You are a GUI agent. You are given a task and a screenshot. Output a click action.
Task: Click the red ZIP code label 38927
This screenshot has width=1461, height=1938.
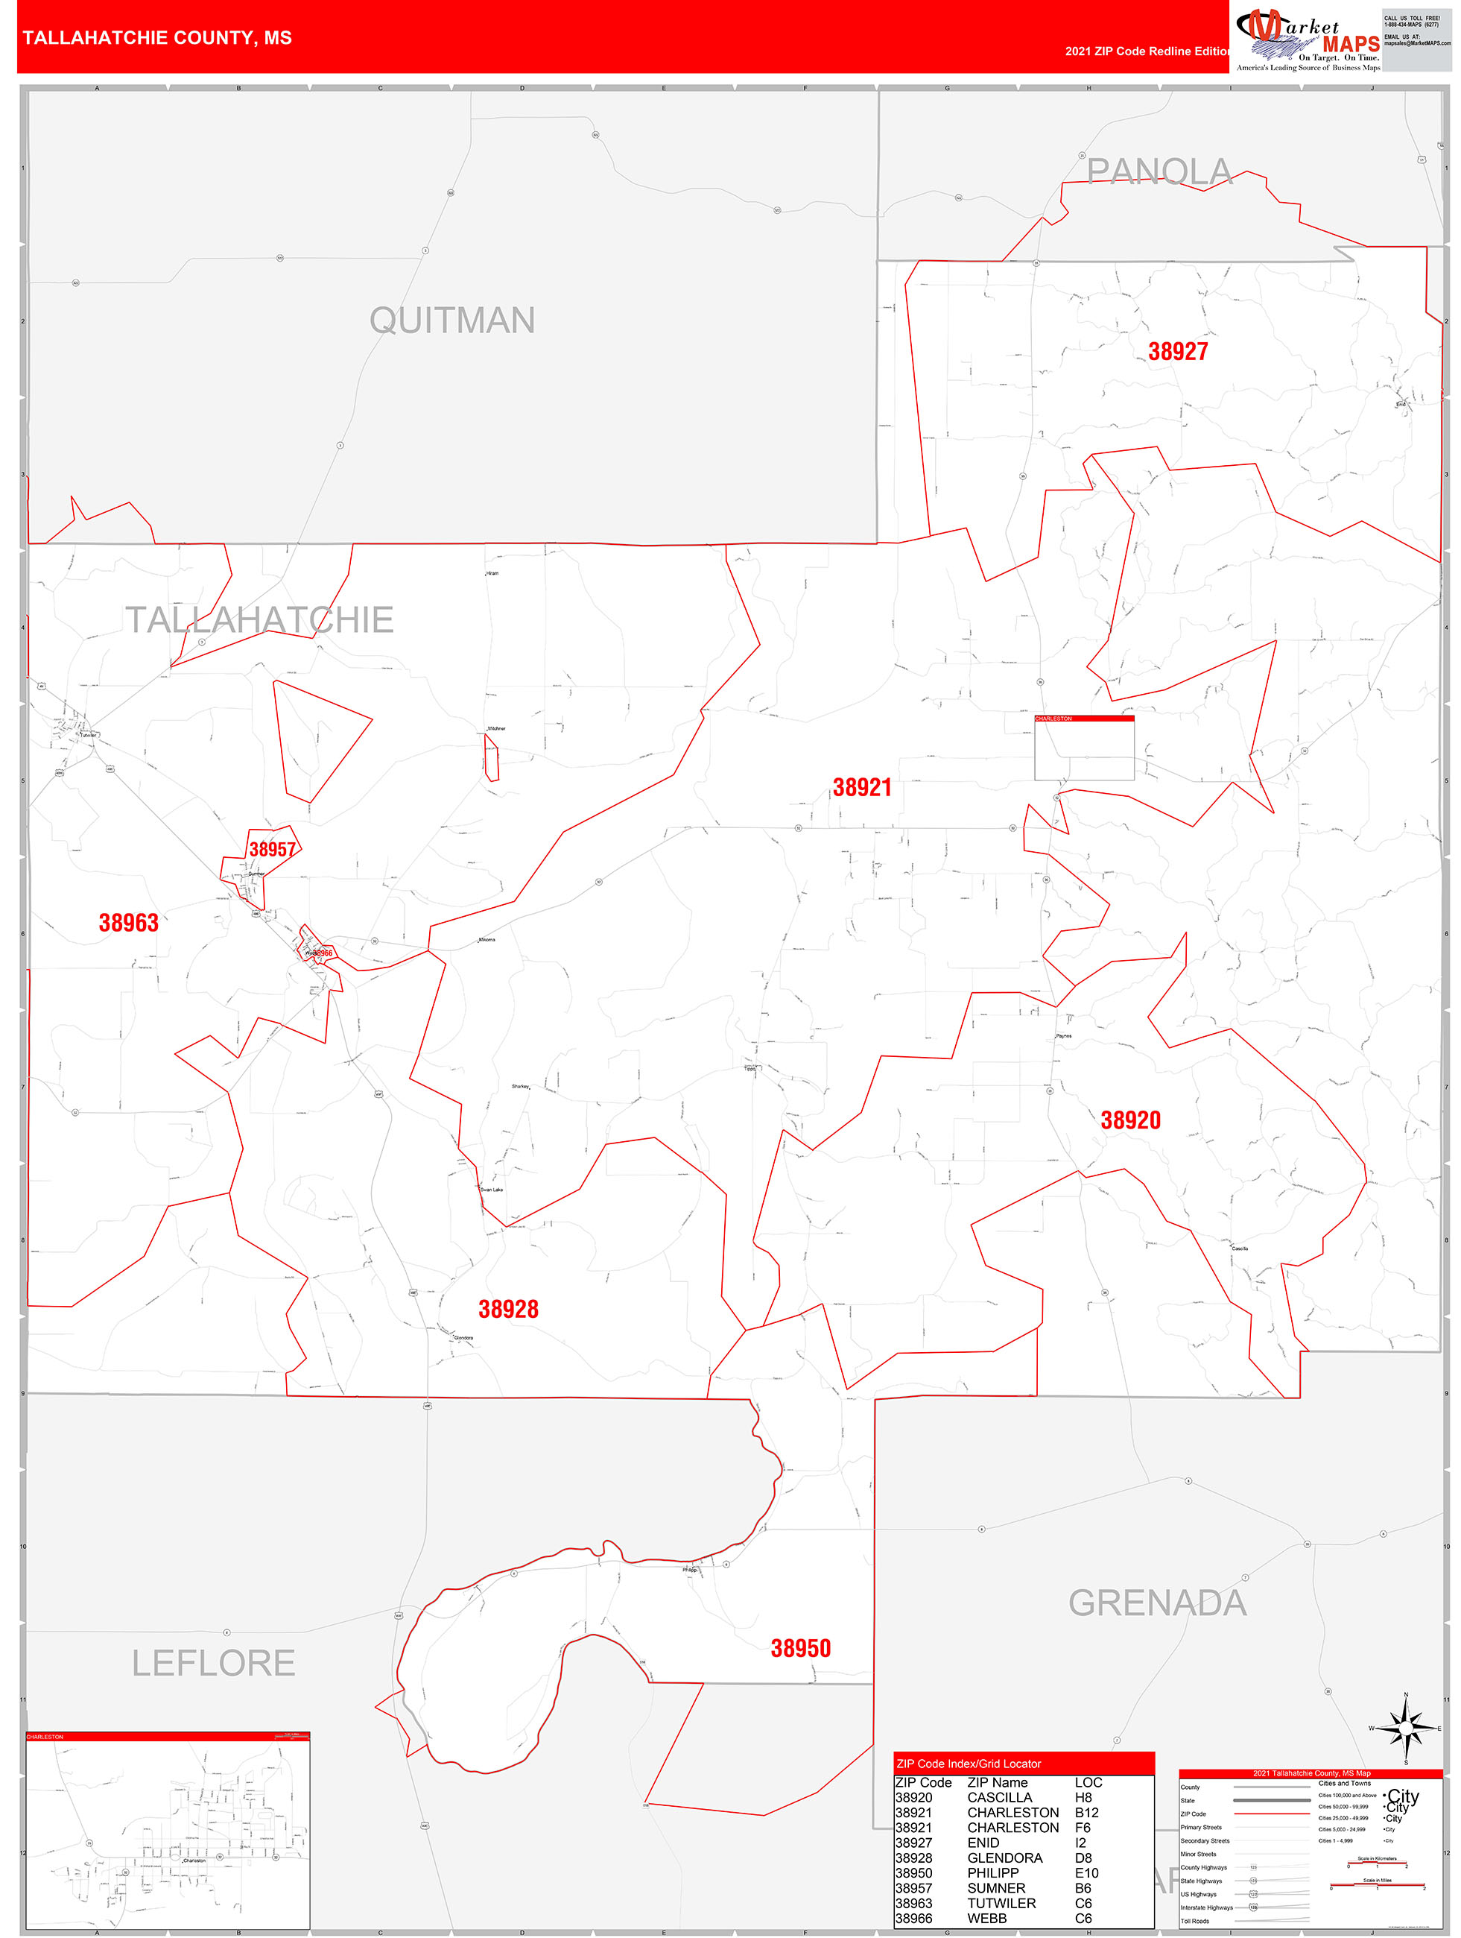point(1177,351)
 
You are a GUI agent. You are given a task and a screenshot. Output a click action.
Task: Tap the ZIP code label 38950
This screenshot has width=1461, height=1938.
point(799,1648)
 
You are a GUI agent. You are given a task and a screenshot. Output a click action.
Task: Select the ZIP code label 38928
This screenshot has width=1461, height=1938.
point(508,1309)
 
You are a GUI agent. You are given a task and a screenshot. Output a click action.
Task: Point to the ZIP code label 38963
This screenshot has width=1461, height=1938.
point(128,923)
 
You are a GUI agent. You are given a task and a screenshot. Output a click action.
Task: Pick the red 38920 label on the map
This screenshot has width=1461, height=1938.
point(1130,1120)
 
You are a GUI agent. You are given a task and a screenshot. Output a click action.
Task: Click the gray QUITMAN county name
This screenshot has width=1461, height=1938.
point(452,320)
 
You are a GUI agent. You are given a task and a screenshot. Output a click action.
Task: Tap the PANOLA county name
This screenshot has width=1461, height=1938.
point(1159,171)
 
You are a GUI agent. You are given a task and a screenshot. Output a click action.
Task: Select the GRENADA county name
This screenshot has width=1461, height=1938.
point(1157,1603)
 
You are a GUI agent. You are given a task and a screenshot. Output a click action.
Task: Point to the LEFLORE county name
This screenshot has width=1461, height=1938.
point(213,1662)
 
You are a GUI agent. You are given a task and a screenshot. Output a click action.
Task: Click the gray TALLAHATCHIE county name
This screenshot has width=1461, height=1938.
point(259,619)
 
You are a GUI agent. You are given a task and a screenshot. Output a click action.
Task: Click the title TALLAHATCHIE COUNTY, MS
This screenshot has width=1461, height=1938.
point(156,38)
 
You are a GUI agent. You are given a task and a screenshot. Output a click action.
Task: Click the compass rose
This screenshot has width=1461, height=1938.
point(1405,1729)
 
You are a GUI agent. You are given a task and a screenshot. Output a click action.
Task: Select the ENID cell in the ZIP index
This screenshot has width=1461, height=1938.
point(983,1843)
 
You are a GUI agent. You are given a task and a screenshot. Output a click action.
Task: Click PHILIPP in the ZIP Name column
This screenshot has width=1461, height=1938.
point(992,1872)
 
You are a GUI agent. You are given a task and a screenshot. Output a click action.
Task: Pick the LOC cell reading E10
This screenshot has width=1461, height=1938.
point(1086,1872)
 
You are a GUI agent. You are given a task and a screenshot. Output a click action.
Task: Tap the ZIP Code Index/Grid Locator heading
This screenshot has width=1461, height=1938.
point(968,1764)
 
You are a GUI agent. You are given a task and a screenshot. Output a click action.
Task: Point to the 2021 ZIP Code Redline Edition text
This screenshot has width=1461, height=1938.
point(1147,51)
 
